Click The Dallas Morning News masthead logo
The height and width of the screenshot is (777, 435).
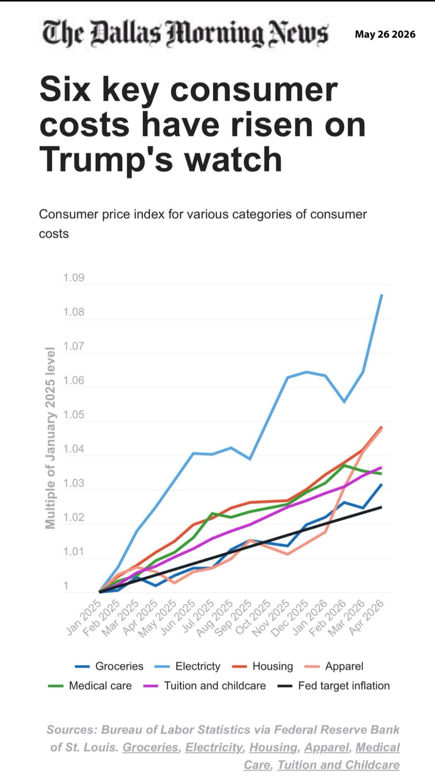click(185, 34)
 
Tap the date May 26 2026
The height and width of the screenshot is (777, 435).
click(385, 35)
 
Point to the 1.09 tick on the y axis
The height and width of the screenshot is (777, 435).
click(74, 278)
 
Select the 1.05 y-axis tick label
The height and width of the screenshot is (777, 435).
click(74, 415)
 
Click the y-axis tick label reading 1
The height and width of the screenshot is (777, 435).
click(66, 586)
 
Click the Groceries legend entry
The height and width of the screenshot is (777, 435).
click(109, 667)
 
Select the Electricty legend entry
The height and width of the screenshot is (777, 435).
click(188, 667)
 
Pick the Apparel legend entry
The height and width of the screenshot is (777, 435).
click(334, 667)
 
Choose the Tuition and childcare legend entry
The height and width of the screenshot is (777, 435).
click(205, 686)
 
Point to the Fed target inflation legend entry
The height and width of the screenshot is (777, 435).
click(334, 686)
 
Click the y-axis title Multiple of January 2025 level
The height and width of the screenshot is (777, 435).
click(50, 438)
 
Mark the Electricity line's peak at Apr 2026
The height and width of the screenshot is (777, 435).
click(381, 295)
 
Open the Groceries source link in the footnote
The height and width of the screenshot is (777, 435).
click(151, 747)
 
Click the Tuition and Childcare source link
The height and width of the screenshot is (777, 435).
click(338, 765)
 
